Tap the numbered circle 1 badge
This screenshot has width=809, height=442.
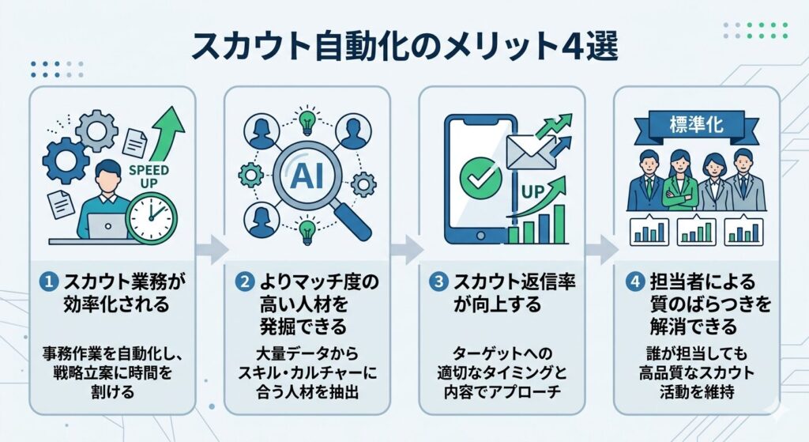click(50, 281)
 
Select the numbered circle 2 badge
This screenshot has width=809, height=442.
click(244, 281)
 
